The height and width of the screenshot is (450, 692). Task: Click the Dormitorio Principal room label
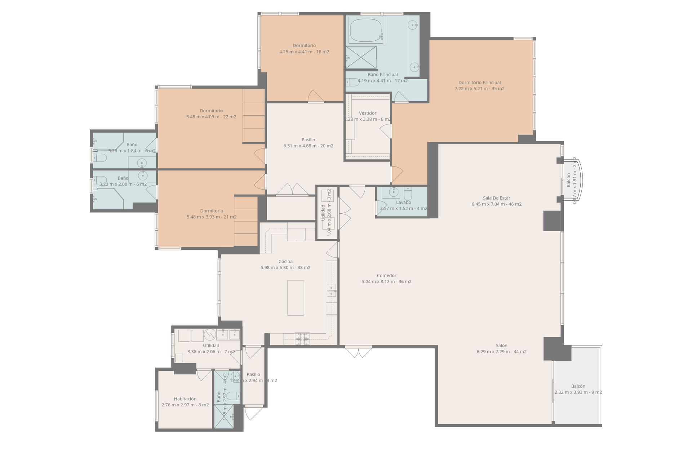[x=479, y=83]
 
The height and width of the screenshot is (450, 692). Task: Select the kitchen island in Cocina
[x=296, y=298]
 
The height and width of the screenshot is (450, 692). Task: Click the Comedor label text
[x=386, y=275]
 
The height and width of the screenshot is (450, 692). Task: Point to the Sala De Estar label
[x=496, y=198]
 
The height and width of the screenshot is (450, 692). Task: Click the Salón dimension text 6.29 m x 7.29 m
[x=501, y=352]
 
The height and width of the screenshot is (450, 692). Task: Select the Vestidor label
[x=368, y=113]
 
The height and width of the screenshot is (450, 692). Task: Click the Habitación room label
[x=185, y=399]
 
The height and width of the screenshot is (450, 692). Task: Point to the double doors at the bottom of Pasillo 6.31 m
[x=293, y=190]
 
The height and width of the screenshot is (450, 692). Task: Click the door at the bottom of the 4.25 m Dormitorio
[x=316, y=97]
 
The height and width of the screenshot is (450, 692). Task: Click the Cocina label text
[x=285, y=262]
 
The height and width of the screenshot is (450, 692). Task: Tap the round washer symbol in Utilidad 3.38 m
[x=210, y=335]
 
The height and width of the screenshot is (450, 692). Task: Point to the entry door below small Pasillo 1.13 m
[x=254, y=413]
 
